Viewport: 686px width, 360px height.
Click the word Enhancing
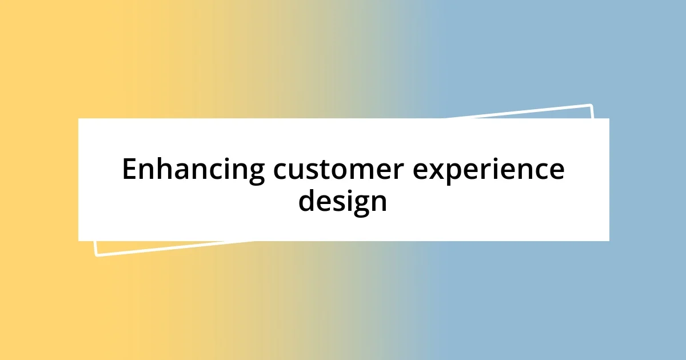pos(193,170)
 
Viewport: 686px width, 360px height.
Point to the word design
pos(342,201)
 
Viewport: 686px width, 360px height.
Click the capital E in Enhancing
pos(130,170)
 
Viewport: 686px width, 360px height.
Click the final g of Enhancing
pos(256,174)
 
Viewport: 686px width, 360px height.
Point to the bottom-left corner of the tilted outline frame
pos(96,255)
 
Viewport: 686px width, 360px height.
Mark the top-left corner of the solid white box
pos(78,118)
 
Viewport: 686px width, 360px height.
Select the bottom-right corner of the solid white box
pos(609,241)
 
